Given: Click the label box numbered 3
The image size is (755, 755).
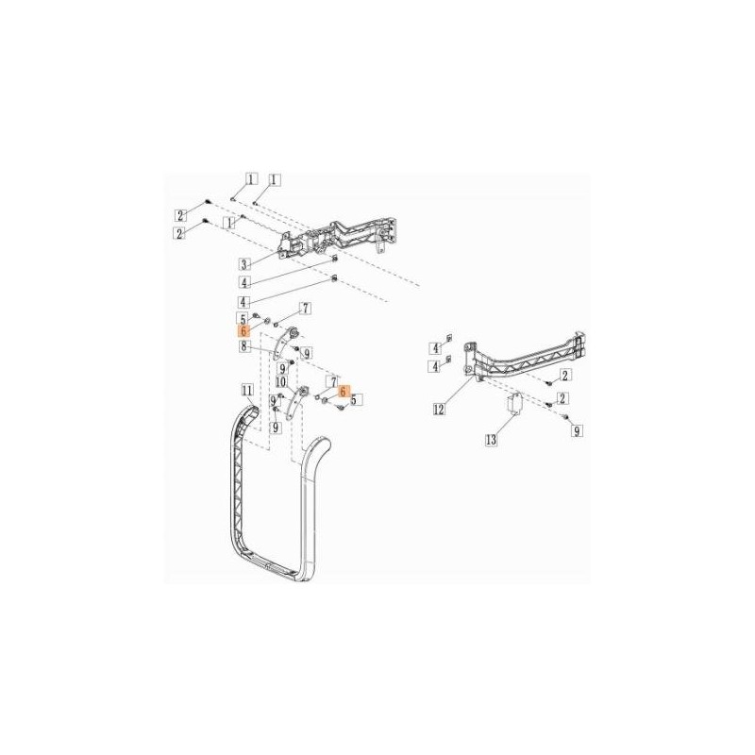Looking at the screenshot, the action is click(244, 264).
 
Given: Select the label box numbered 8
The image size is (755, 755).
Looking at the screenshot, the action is click(244, 345).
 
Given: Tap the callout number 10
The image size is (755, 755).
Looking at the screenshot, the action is click(280, 382).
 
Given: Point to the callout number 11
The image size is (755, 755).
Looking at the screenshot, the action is click(247, 390).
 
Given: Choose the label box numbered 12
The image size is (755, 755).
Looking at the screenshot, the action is click(439, 410).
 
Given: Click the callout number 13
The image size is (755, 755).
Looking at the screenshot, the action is click(491, 440).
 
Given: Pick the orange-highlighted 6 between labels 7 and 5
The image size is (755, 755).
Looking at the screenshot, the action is click(343, 392).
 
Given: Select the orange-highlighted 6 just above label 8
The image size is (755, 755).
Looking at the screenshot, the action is click(243, 331).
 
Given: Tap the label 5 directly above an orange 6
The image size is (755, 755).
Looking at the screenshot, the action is click(243, 318).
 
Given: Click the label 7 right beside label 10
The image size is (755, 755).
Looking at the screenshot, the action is click(332, 382).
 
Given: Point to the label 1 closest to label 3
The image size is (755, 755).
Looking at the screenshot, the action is click(230, 223).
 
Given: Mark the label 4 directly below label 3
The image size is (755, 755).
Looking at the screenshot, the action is click(244, 281).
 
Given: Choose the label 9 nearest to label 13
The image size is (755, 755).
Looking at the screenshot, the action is click(577, 431).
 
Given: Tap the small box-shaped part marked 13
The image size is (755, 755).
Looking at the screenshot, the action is click(514, 404).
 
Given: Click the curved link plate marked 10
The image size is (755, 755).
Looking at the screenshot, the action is click(295, 402).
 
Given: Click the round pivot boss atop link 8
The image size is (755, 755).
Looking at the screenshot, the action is click(294, 332).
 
